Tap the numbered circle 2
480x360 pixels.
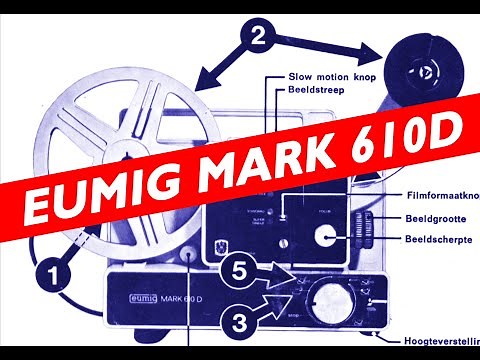coord(258,39)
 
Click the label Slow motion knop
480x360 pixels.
coord(331,75)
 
